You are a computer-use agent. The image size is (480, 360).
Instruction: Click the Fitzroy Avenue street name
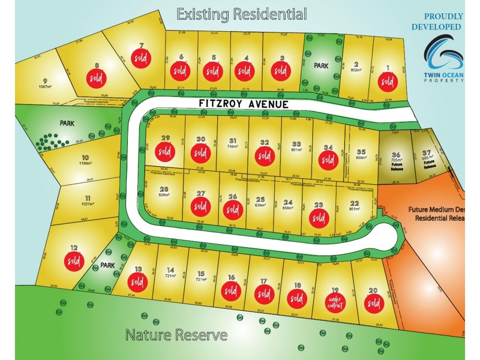[x=244, y=104]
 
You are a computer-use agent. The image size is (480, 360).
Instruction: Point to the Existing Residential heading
[x=241, y=14]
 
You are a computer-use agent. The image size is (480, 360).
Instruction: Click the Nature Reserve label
[x=176, y=335]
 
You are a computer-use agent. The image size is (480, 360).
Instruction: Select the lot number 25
[x=260, y=200]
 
